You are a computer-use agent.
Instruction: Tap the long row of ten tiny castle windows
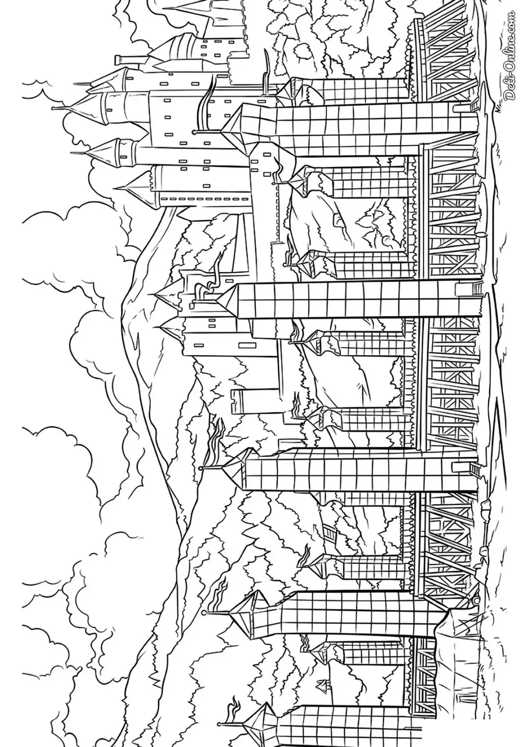[x=205, y=199]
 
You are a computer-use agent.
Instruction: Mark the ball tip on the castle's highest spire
[x=53, y=108]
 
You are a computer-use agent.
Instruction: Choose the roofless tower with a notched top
[x=254, y=401]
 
